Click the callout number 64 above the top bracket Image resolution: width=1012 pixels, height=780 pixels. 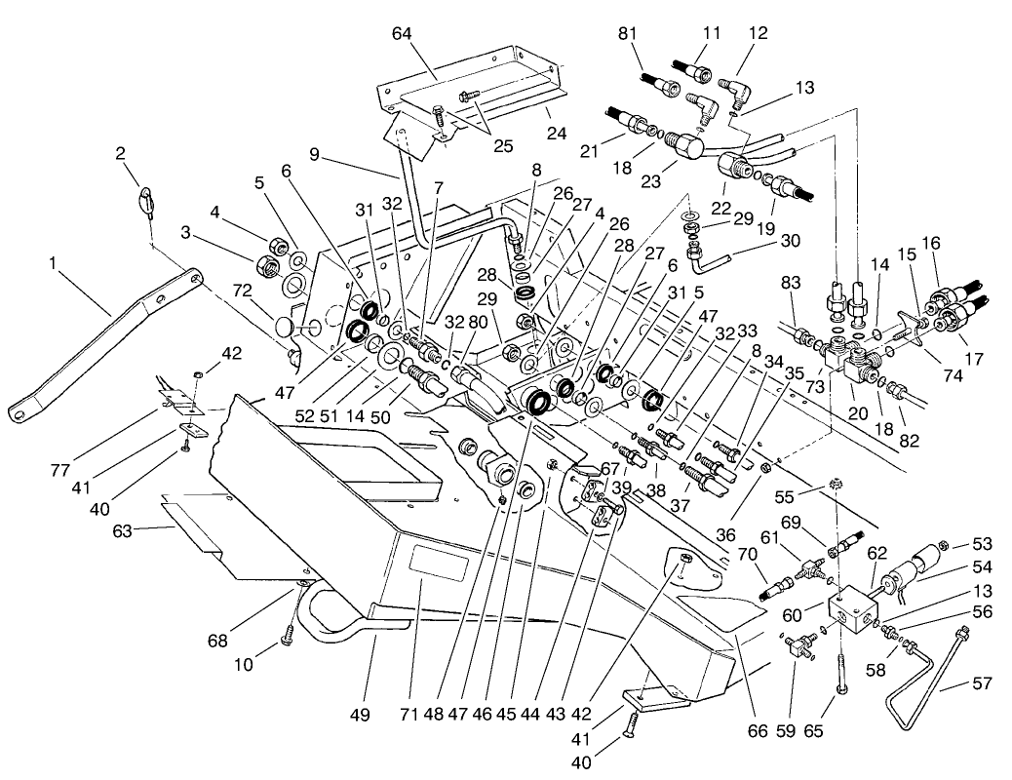(402, 34)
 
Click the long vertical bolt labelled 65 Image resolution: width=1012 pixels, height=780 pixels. (841, 662)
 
